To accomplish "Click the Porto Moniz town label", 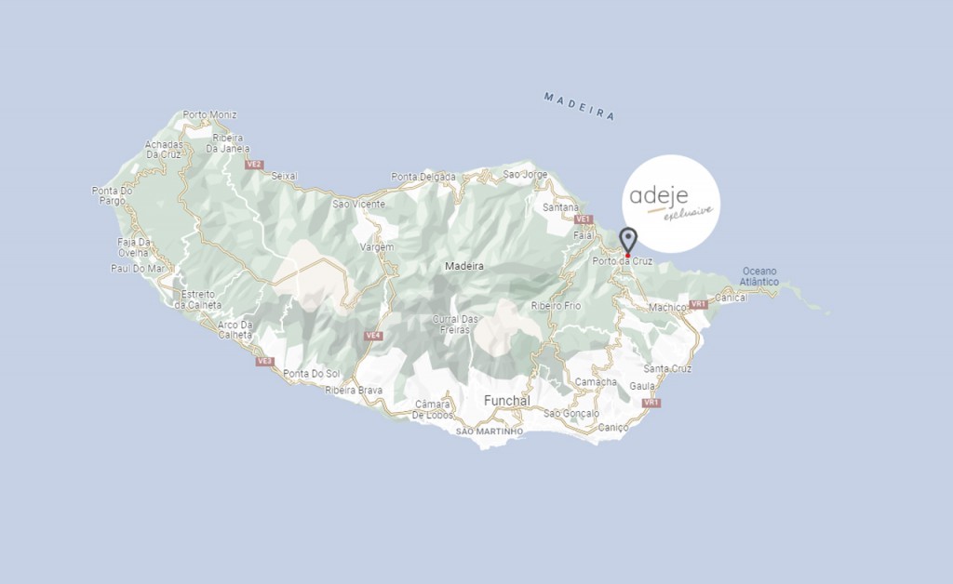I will pos(209,115).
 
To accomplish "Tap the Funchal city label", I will pos(506,401).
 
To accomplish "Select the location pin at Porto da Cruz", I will pos(628,241).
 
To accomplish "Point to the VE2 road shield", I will pos(253,165).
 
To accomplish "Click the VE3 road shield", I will pos(264,361).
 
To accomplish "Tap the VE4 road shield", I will pos(373,336).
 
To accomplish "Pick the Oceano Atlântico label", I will pos(758,276).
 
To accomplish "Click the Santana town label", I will pos(561,207).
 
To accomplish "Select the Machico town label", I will pos(667,307).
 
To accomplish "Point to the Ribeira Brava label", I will pos(354,391).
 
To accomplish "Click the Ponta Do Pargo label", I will pos(113,195).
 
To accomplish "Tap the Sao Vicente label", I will pos(358,203).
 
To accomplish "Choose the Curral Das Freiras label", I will pos(455,325).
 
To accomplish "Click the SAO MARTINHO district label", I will pos(490,431).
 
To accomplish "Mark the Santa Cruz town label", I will pos(667,369).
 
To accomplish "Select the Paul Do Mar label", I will pos(138,269).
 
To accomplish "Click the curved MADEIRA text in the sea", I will pos(580,106).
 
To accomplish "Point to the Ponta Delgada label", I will pos(423,177).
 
